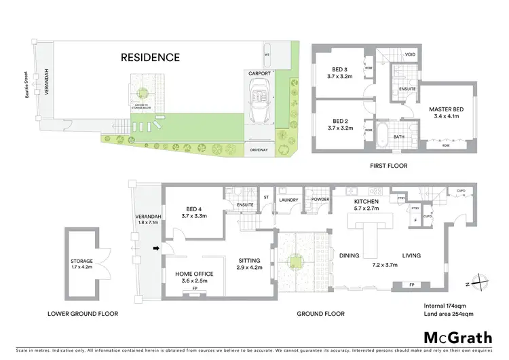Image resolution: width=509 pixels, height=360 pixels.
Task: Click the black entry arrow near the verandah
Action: [155, 249]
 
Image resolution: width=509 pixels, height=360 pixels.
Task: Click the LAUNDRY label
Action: [288, 200]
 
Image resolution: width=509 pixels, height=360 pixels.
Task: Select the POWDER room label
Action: [320, 200]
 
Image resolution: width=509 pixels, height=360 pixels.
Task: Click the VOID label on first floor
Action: [410, 54]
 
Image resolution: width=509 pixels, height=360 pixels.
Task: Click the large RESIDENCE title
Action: [151, 58]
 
